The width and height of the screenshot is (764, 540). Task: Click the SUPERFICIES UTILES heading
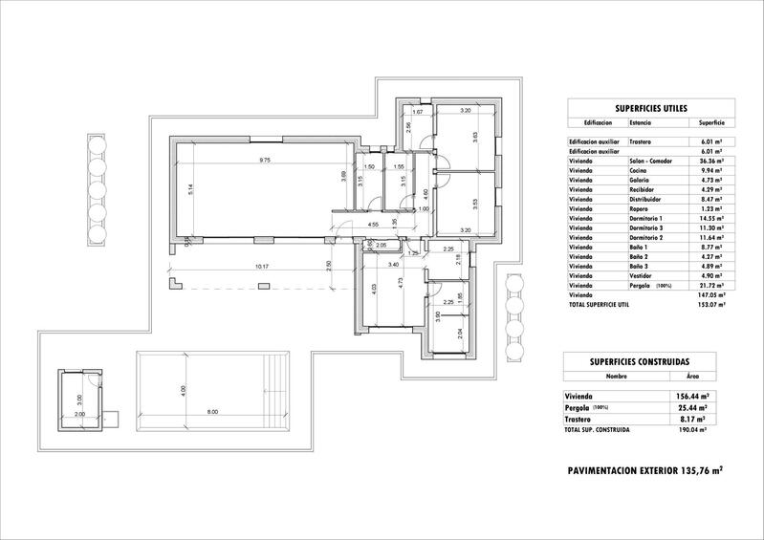(x=645, y=111)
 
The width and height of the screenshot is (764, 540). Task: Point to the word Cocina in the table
(x=638, y=172)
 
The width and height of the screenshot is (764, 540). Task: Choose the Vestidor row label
(x=640, y=275)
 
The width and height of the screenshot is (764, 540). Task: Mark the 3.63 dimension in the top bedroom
(x=475, y=136)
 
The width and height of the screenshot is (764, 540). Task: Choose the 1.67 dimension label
(x=417, y=113)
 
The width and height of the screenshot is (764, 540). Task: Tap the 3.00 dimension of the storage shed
(x=80, y=400)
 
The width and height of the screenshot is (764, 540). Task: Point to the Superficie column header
(x=711, y=123)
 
